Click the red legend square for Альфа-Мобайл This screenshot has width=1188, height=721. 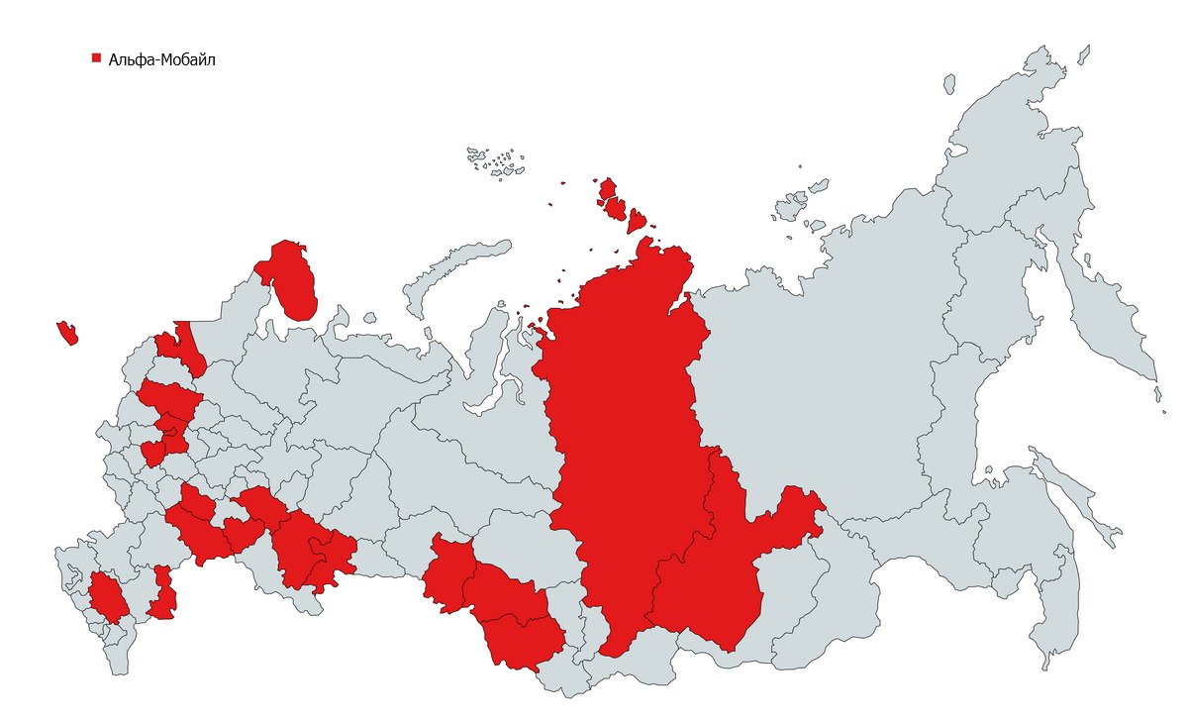(x=96, y=58)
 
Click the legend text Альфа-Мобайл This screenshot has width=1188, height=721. (x=161, y=59)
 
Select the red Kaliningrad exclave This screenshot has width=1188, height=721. (x=67, y=333)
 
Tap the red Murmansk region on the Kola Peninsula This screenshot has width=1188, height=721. (x=293, y=282)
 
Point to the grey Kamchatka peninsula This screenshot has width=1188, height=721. (x=1104, y=317)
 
